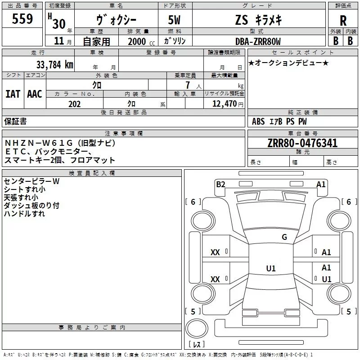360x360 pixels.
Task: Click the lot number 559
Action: pyautogui.click(x=22, y=18)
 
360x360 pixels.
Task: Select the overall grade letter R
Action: pyautogui.click(x=343, y=21)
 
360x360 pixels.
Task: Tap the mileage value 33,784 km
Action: pyautogui.click(x=54, y=65)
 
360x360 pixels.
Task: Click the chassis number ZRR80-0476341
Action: pyautogui.click(x=302, y=143)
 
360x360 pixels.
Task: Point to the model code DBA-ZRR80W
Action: pyautogui.click(x=258, y=41)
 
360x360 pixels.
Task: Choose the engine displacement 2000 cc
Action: pyautogui.click(x=141, y=41)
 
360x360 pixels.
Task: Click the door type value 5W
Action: pyautogui.click(x=174, y=20)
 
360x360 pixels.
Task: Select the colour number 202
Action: pyautogui.click(x=74, y=104)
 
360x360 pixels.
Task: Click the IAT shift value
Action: pyautogui.click(x=13, y=94)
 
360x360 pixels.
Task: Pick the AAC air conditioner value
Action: pyautogui.click(x=35, y=94)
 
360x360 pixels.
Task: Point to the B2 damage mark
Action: pyautogui.click(x=220, y=184)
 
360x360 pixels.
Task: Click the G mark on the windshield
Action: pyautogui.click(x=284, y=237)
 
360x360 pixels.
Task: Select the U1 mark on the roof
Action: pyautogui.click(x=271, y=268)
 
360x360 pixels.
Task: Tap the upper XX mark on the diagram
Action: pyautogui.click(x=215, y=252)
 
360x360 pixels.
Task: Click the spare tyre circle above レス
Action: pyautogui.click(x=197, y=328)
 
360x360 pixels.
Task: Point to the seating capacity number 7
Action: pyautogui.click(x=188, y=85)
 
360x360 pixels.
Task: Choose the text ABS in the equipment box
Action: pyautogui.click(x=258, y=121)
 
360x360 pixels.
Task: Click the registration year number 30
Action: pyautogui.click(x=59, y=24)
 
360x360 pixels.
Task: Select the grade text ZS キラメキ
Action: pyautogui.click(x=258, y=20)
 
